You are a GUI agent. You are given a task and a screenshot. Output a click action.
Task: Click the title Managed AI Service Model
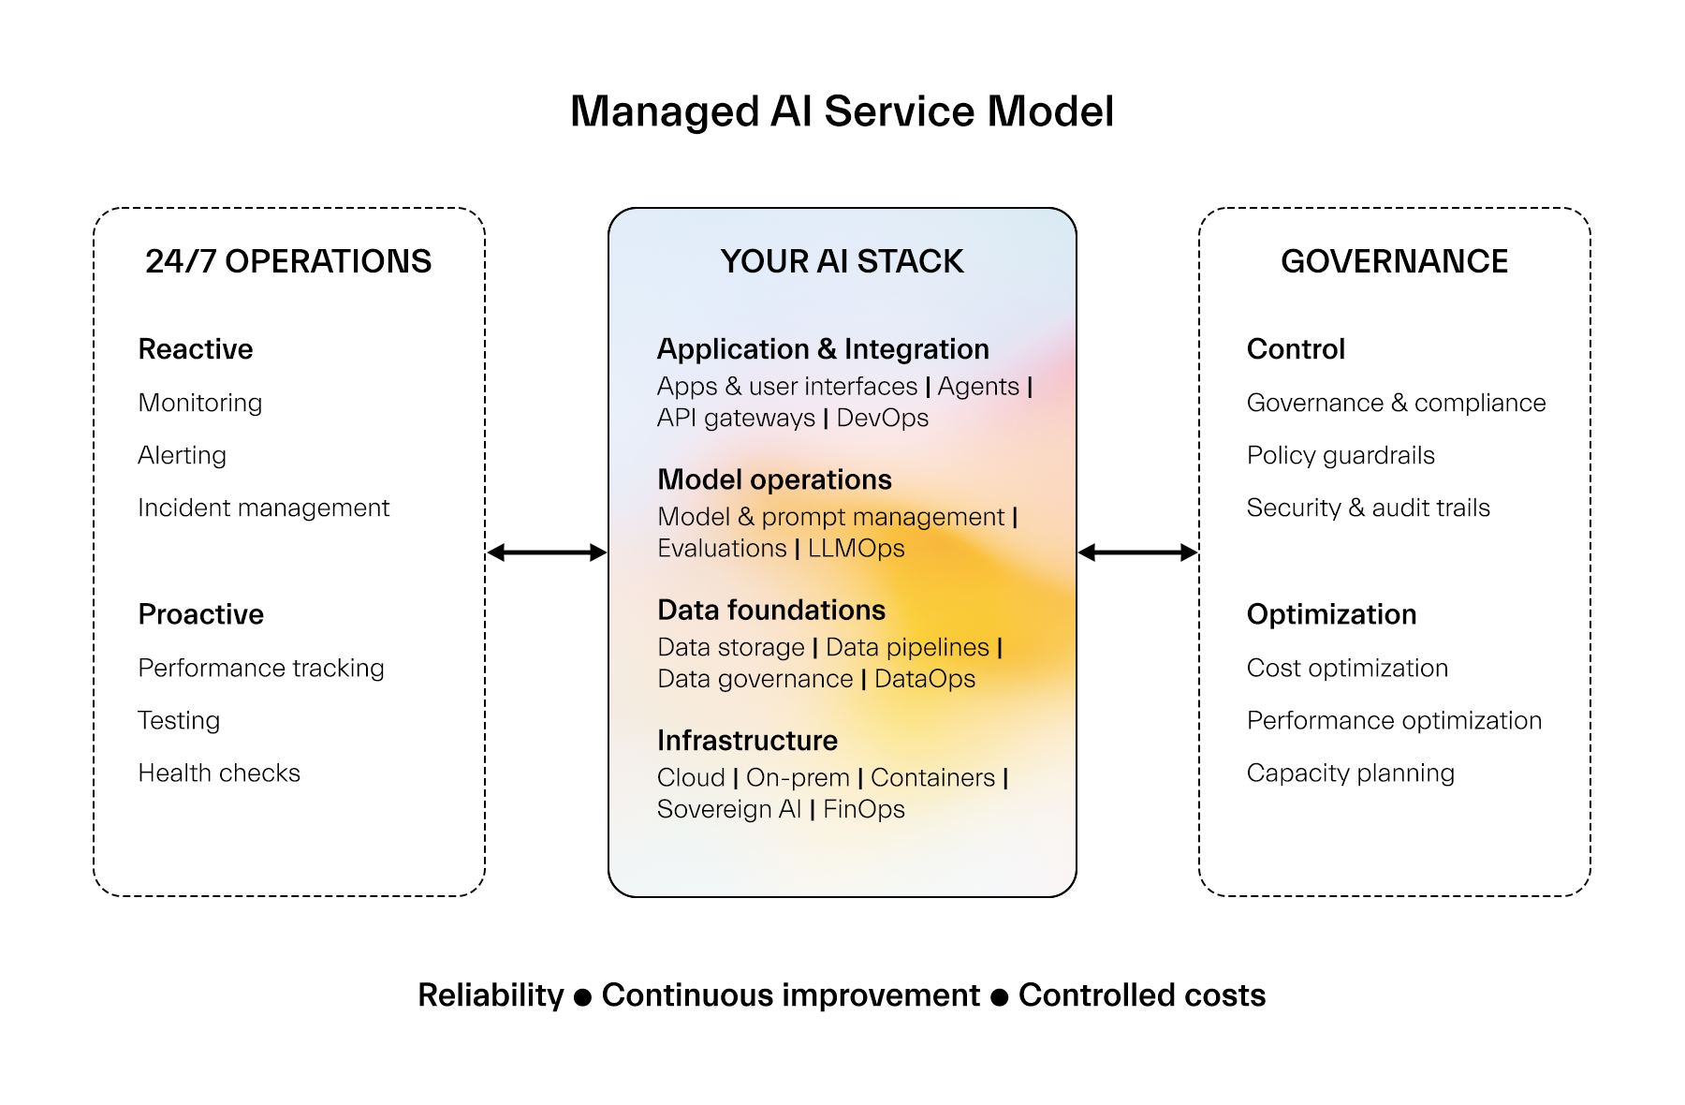[842, 111]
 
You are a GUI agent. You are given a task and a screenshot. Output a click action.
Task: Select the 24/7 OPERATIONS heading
[288, 261]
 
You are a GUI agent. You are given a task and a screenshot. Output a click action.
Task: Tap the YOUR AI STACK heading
[842, 261]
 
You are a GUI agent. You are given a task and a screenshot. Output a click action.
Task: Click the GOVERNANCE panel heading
[1394, 261]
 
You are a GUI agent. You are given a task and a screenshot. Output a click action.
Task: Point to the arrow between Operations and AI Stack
[547, 552]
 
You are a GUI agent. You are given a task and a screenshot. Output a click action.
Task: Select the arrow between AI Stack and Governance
[1137, 552]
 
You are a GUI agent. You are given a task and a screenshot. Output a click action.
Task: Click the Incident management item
[263, 508]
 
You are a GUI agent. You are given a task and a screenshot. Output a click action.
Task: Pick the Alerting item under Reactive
[182, 455]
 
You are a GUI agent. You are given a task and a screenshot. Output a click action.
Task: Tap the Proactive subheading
[200, 614]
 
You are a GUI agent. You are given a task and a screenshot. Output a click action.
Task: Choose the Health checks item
[219, 773]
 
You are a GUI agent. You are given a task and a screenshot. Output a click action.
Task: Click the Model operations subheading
[774, 479]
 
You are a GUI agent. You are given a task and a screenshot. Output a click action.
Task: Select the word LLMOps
[856, 549]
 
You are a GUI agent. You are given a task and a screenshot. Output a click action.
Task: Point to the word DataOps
[924, 679]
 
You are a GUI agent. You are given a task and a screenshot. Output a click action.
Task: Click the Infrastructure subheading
[747, 741]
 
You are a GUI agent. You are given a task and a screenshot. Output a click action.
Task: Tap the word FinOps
[863, 809]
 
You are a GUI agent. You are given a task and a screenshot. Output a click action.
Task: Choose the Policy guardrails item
[1341, 455]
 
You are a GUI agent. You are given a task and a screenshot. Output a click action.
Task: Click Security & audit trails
[1368, 508]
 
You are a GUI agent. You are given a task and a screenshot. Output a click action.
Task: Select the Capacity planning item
[1350, 773]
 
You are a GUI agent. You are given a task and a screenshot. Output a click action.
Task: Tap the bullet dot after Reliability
[582, 997]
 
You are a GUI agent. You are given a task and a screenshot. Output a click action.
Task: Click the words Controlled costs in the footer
[1141, 995]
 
